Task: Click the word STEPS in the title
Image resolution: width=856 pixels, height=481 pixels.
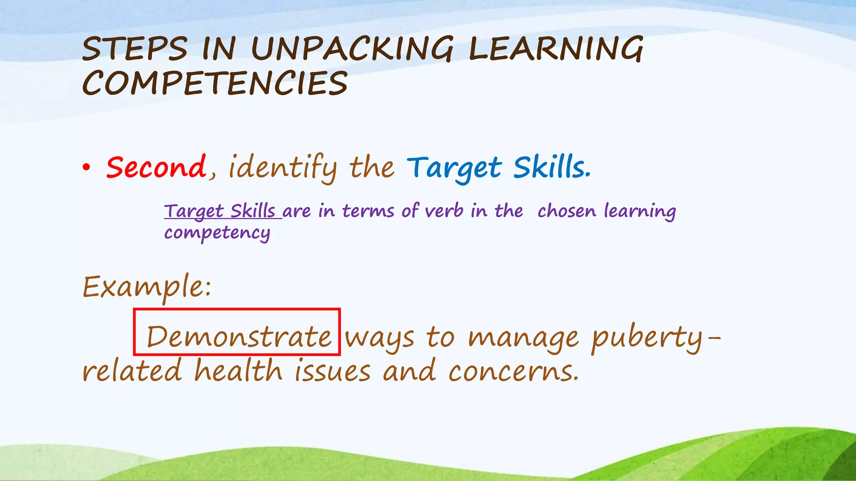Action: pos(135,49)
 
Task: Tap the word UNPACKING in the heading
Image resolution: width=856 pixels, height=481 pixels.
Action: pos(352,49)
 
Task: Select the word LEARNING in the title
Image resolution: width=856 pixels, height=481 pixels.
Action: pos(556,49)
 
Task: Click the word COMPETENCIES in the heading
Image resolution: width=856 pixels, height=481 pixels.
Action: pos(215,83)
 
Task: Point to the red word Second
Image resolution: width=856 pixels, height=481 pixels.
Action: pos(156,167)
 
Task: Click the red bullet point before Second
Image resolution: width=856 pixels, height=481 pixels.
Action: pos(86,168)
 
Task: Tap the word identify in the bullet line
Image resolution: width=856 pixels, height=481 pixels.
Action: pos(283,167)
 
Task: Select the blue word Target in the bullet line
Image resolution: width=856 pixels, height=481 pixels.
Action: pos(454,167)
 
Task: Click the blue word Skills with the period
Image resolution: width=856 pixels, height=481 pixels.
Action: pos(552,167)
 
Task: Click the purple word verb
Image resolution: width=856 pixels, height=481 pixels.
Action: pos(444,210)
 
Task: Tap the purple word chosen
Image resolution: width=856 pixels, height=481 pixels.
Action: pos(566,210)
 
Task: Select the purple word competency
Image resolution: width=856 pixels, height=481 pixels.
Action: pos(217,233)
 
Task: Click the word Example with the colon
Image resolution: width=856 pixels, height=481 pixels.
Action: pos(147,287)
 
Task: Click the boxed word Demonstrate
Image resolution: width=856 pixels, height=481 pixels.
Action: pos(239,337)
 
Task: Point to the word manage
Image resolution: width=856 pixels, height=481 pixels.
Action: pos(523,337)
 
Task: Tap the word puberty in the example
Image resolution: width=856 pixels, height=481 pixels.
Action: pos(648,337)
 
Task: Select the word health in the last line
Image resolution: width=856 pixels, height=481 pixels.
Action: pos(238,371)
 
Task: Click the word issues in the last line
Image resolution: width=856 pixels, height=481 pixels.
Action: pos(333,371)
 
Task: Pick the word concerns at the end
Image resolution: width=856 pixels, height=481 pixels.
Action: pos(513,371)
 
